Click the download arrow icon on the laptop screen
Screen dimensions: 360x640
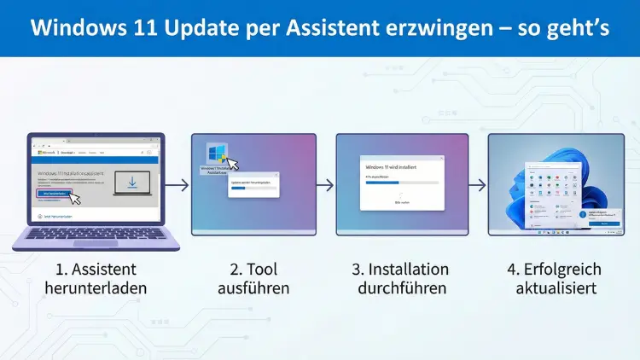tap(132, 183)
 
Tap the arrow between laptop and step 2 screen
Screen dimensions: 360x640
tap(176, 183)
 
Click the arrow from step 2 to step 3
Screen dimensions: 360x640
tap(324, 183)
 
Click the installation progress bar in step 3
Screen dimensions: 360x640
tap(401, 182)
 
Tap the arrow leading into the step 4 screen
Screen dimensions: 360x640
tap(477, 183)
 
